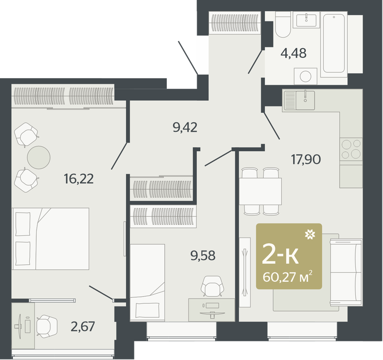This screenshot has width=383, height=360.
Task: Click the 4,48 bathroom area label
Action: pyautogui.click(x=293, y=53)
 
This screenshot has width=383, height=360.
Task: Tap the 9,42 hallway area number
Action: pyautogui.click(x=185, y=128)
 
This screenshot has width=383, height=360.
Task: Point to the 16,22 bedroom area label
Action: pyautogui.click(x=78, y=178)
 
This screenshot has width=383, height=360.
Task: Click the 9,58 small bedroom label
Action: pyautogui.click(x=203, y=255)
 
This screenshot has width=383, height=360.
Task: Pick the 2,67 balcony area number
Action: pyautogui.click(x=82, y=327)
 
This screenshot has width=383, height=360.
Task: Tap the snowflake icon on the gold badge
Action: pyautogui.click(x=310, y=235)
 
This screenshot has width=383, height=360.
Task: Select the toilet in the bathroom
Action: pyautogui.click(x=283, y=24)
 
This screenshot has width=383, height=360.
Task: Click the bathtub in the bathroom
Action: pyautogui.click(x=334, y=43)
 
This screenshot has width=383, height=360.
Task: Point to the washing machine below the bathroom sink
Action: pyautogui.click(x=305, y=77)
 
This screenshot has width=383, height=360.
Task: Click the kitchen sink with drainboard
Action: pyautogui.click(x=299, y=100)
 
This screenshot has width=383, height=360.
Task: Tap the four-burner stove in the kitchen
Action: pyautogui.click(x=351, y=149)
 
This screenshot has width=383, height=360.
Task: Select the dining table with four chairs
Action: pyautogui.click(x=260, y=191)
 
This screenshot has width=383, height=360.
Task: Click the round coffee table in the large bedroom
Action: pyautogui.click(x=39, y=157)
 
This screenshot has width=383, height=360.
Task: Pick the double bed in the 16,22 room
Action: pyautogui.click(x=50, y=239)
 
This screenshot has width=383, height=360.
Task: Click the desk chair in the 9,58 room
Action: pyautogui.click(x=212, y=286)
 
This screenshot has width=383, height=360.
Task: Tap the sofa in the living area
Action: pyautogui.click(x=346, y=273)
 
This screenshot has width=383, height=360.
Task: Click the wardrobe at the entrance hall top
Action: pyautogui.click(x=235, y=23)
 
